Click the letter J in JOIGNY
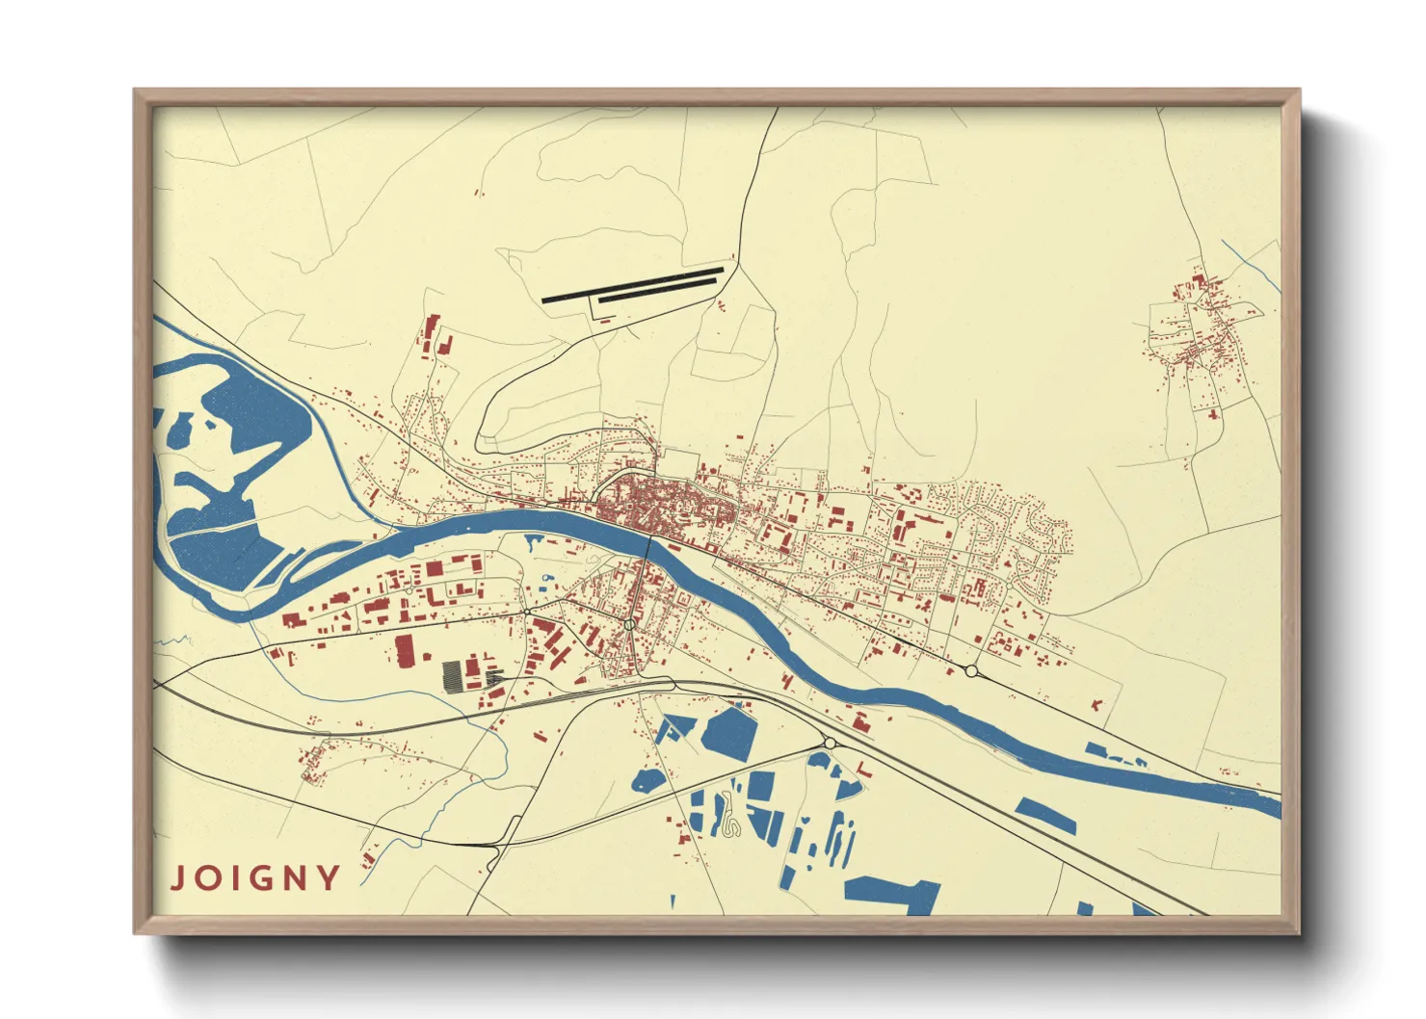coord(178,878)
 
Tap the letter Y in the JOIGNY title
coord(330,878)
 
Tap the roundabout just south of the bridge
coord(629,625)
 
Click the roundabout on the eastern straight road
coord(971,670)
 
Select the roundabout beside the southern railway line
coord(829,743)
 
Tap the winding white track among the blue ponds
coord(729,819)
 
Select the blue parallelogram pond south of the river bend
coord(1046,815)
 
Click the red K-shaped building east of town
coord(1097,704)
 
